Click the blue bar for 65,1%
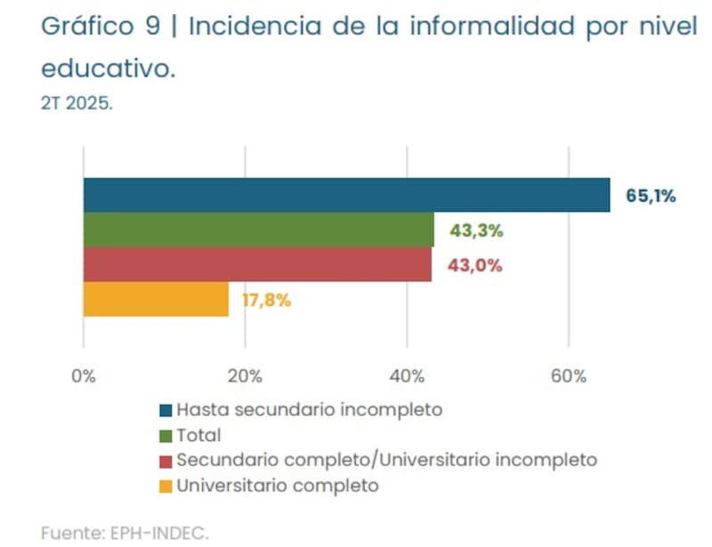[346, 196]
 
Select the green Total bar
[258, 230]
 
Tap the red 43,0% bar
[257, 265]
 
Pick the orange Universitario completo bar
[156, 300]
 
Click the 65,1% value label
[651, 196]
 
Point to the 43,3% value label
[476, 231]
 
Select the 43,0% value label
[476, 265]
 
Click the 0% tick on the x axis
[83, 375]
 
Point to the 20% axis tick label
[245, 375]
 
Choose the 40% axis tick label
[407, 375]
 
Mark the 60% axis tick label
[569, 375]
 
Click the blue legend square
[165, 411]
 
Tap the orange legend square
[165, 487]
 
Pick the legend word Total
[198, 436]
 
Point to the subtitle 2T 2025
[77, 103]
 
